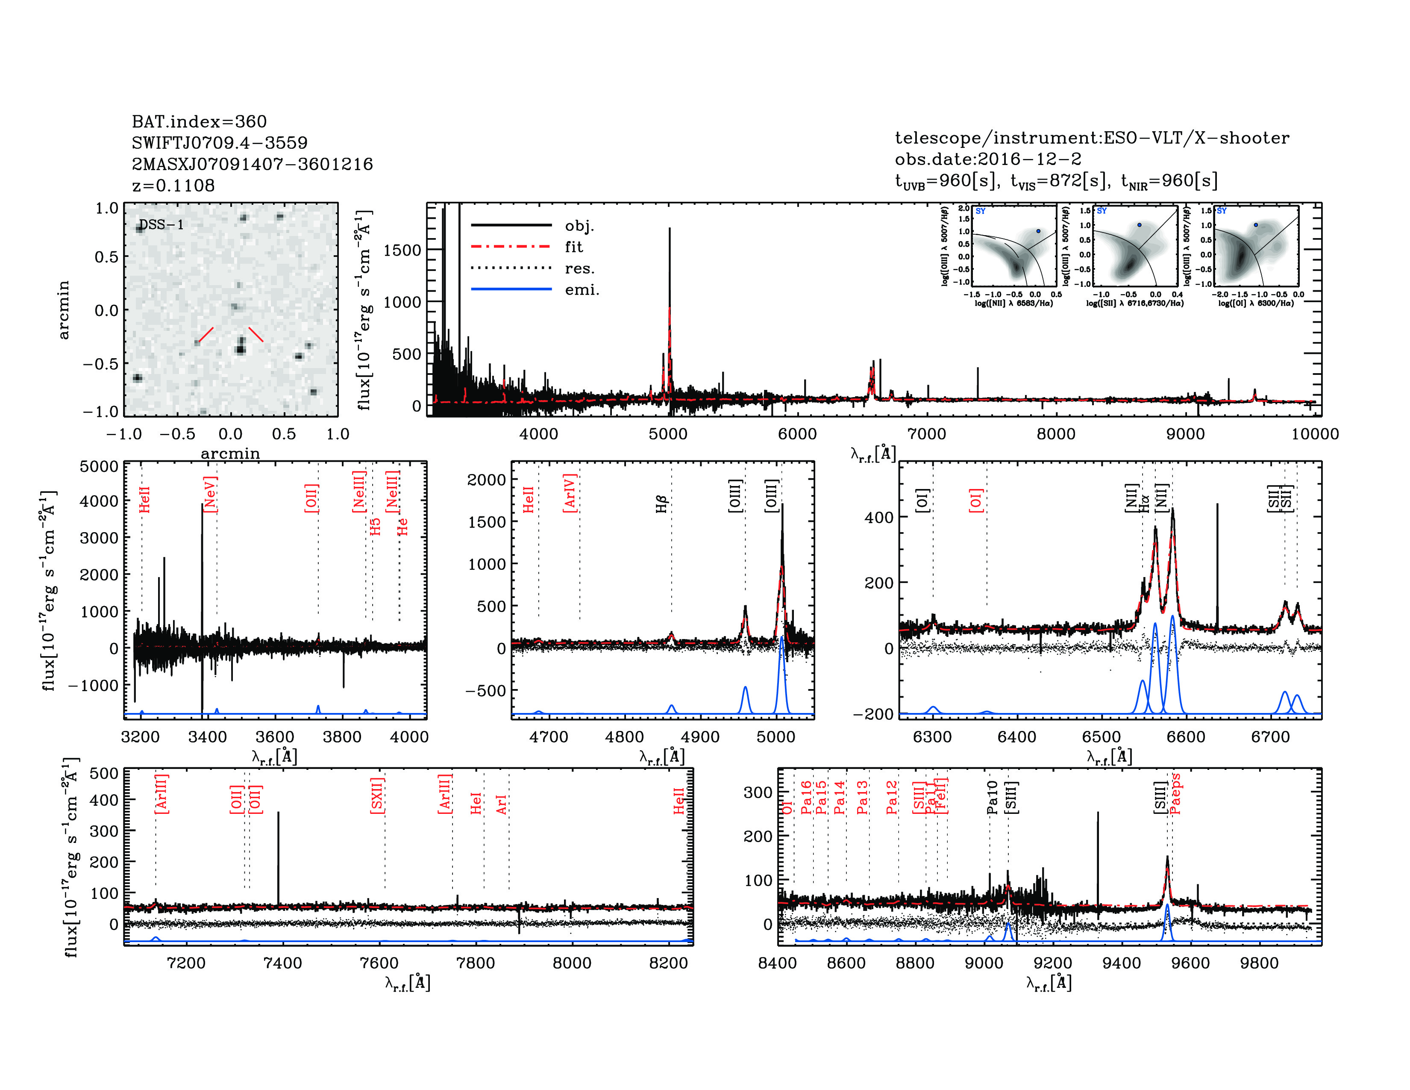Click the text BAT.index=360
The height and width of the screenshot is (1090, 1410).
coord(199,121)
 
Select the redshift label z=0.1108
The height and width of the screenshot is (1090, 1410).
coord(173,186)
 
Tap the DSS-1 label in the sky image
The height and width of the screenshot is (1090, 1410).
coord(162,225)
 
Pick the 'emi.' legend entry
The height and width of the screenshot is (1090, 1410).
coord(582,290)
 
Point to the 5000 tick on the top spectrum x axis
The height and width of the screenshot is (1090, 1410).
coord(668,434)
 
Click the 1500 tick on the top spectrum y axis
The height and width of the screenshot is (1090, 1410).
coord(402,250)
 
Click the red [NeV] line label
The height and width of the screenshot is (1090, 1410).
coord(210,495)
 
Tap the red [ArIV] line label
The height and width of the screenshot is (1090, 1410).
coord(570,493)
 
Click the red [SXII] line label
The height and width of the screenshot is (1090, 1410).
coord(377,795)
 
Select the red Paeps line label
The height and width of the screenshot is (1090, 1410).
coord(1175,794)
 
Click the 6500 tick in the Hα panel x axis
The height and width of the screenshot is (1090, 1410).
coord(1102,737)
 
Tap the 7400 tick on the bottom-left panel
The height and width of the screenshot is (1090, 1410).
coord(283,963)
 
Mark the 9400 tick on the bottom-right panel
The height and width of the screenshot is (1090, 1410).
coord(1122,963)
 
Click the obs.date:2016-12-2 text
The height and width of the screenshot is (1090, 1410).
coord(988,159)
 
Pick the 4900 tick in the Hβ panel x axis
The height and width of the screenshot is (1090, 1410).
coord(700,737)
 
